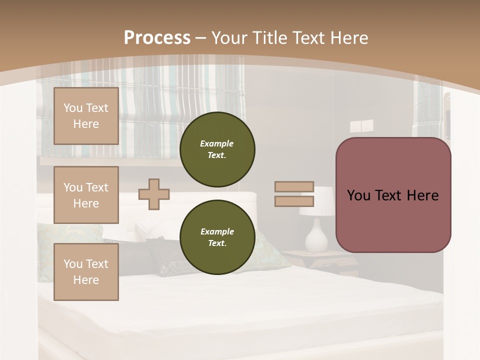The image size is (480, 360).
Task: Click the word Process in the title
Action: (x=157, y=38)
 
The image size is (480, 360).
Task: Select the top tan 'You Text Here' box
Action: (x=86, y=116)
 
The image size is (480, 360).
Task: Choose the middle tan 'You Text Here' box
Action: (x=86, y=195)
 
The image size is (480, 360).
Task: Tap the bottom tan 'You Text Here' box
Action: (x=86, y=272)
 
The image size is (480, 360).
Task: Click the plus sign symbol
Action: (x=154, y=194)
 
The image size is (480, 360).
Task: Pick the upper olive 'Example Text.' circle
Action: (x=217, y=149)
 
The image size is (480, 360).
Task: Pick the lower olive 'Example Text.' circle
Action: (x=217, y=237)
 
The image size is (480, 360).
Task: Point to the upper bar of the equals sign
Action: (x=294, y=187)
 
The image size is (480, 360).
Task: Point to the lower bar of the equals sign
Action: (x=294, y=201)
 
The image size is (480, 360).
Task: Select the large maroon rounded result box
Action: (x=393, y=195)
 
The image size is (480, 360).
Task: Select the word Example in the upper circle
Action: (x=217, y=143)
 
